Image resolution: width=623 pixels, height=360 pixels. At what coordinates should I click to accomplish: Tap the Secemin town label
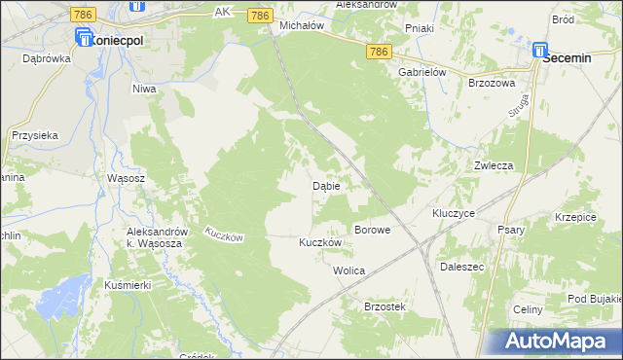point(568,58)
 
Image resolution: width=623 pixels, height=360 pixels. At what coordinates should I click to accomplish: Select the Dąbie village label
point(325,185)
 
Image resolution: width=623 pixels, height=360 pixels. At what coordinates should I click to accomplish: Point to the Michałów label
point(301,25)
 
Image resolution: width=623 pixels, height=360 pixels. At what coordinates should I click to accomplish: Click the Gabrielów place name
point(421,72)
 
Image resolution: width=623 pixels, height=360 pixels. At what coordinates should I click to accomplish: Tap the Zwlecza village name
point(494,165)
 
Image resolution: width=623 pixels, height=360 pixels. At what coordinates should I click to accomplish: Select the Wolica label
point(348,270)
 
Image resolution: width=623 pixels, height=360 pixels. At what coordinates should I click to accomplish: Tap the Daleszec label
point(462,265)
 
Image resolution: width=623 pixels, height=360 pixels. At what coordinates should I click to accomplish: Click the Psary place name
point(511,230)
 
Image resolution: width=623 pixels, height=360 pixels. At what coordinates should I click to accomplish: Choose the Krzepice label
point(574,217)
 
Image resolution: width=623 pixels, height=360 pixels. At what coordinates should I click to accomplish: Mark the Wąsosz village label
point(126,179)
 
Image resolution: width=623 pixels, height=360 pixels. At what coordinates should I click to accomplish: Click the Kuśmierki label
point(125,285)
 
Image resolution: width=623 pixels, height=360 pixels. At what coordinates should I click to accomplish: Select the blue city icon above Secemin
point(539,47)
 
